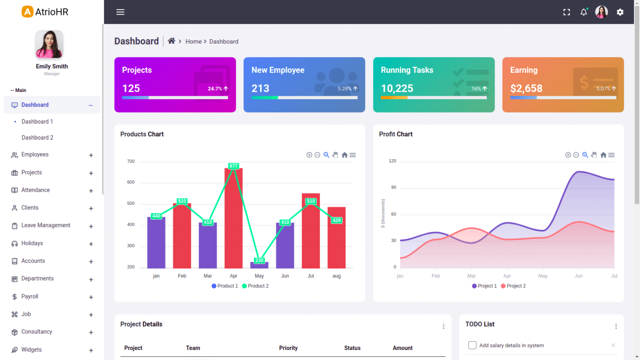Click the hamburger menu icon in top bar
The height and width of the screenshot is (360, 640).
120,12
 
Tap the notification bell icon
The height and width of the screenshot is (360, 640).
584,12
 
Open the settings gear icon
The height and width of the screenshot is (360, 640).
620,12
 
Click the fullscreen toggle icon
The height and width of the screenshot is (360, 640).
567,12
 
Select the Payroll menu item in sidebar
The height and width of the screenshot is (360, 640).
30,297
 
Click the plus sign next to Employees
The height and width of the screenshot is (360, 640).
91,155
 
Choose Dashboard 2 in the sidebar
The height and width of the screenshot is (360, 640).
37,137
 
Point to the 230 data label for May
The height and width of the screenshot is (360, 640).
259,260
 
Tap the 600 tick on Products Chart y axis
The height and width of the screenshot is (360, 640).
131,182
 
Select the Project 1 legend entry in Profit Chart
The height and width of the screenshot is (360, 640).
484,286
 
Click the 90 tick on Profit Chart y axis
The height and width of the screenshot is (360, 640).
393,187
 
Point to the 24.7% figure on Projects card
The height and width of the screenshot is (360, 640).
215,89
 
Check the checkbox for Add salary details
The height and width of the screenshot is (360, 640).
472,345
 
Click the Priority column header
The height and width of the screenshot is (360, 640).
288,348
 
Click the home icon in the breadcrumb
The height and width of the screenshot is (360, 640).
171,41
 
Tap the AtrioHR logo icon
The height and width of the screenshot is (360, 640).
27,12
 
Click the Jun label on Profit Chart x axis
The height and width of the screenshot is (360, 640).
578,276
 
